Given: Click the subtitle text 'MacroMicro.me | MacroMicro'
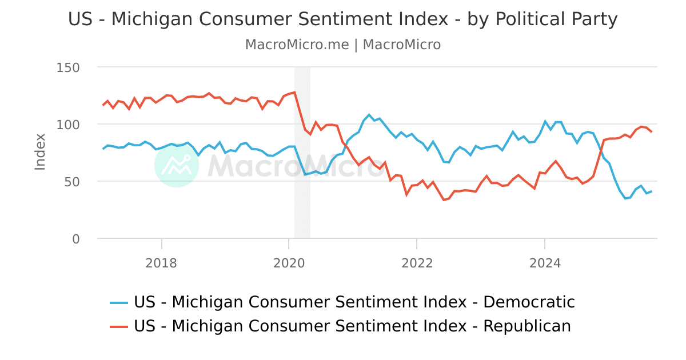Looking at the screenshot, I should coord(342,45).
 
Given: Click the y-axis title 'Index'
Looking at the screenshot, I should coord(40,151).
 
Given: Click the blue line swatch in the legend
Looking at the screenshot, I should coord(119,302).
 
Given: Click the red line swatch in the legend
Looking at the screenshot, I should coord(119,326).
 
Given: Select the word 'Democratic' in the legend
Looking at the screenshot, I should coord(529,302).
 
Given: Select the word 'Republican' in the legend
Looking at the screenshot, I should coord(527,326).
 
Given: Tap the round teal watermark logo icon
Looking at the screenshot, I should coord(177,165).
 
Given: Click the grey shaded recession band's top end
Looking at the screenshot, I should coord(302,69).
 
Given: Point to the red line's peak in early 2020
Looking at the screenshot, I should coord(294,92).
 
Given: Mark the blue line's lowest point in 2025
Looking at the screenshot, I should coord(625,198).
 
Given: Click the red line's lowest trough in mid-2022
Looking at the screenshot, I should coord(444,199).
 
